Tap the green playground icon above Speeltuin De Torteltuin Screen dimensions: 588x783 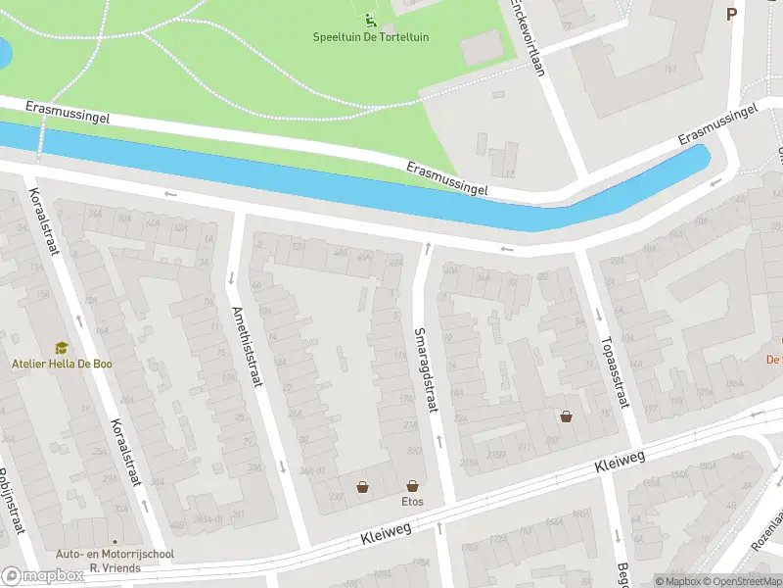coord(369,19)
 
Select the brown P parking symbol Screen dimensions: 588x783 coord(730,14)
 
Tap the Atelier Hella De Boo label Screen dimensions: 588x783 coord(61,364)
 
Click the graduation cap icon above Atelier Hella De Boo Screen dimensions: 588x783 coord(61,348)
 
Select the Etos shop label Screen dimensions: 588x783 coord(412,500)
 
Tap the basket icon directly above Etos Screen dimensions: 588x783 coord(412,485)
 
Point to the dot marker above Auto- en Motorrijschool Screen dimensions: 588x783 coord(115,541)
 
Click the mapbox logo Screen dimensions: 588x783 coord(42,576)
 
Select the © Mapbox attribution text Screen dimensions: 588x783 coord(677,581)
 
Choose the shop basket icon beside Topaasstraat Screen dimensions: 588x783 coord(566,416)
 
